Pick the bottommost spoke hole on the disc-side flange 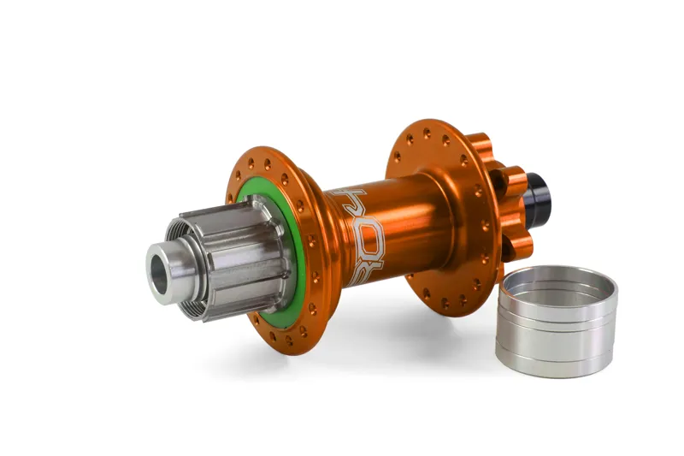(449, 302)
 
